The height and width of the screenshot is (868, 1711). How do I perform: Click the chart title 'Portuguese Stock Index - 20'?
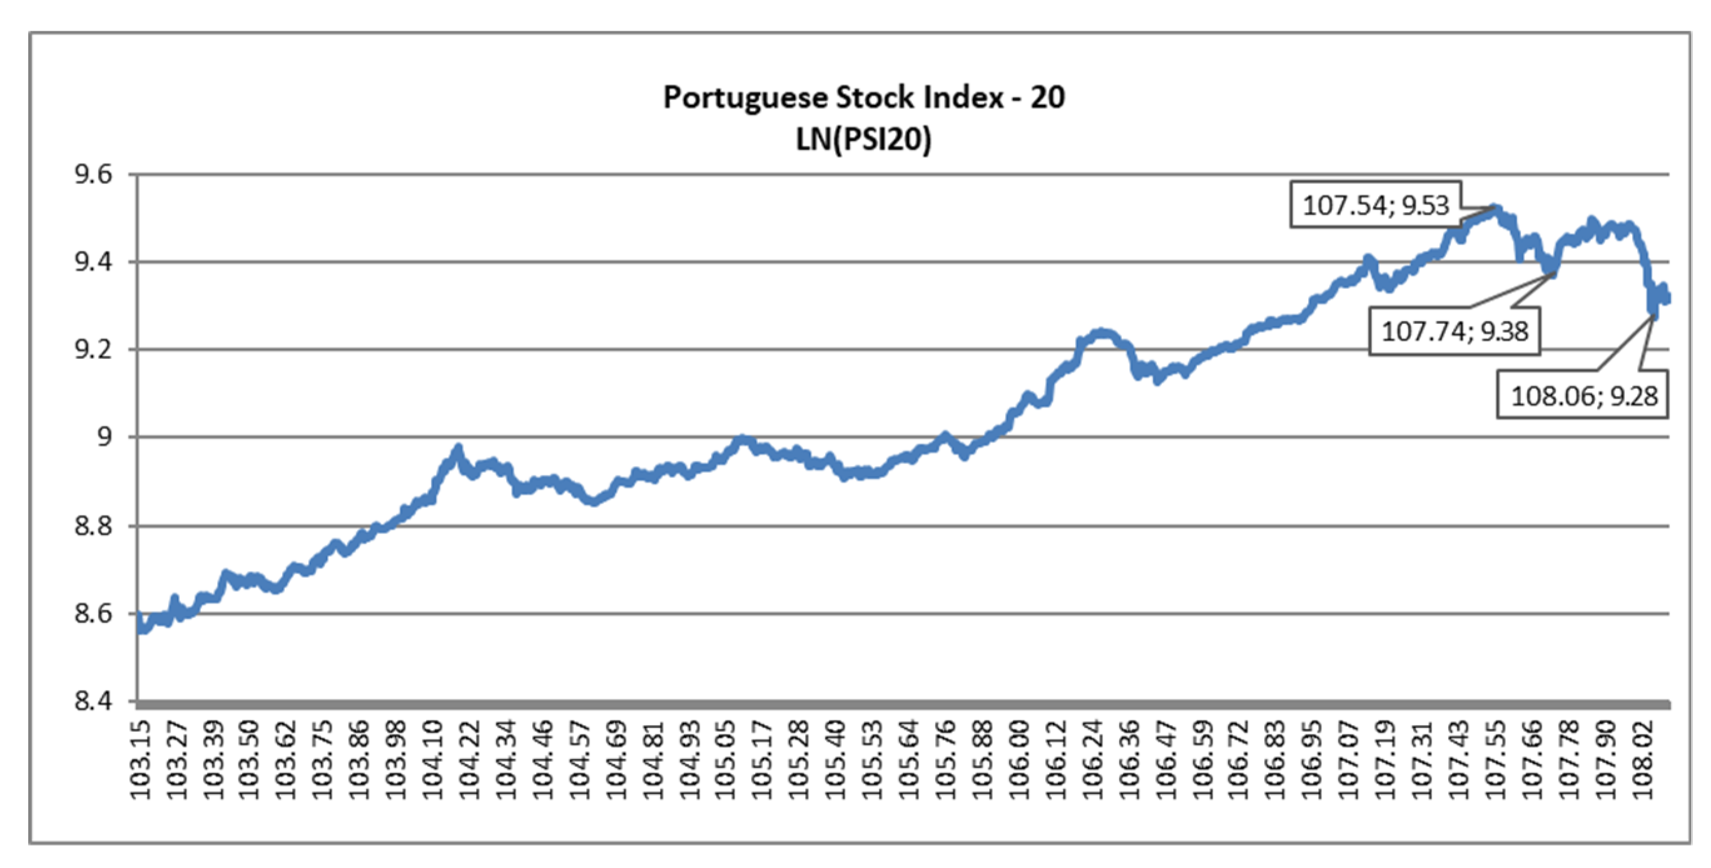click(x=863, y=98)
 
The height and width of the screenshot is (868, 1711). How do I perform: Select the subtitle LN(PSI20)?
click(x=863, y=139)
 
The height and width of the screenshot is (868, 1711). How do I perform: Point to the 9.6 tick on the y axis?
click(x=94, y=174)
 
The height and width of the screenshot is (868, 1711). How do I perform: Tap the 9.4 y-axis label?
click(x=94, y=262)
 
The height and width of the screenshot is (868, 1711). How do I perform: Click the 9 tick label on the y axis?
click(x=105, y=437)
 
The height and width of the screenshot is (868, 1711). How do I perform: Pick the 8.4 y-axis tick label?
click(x=94, y=700)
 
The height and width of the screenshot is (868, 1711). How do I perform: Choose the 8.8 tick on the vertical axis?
click(x=94, y=526)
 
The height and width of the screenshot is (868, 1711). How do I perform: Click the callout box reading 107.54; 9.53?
click(x=1375, y=205)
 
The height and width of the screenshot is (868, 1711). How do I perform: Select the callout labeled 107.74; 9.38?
click(x=1455, y=331)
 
